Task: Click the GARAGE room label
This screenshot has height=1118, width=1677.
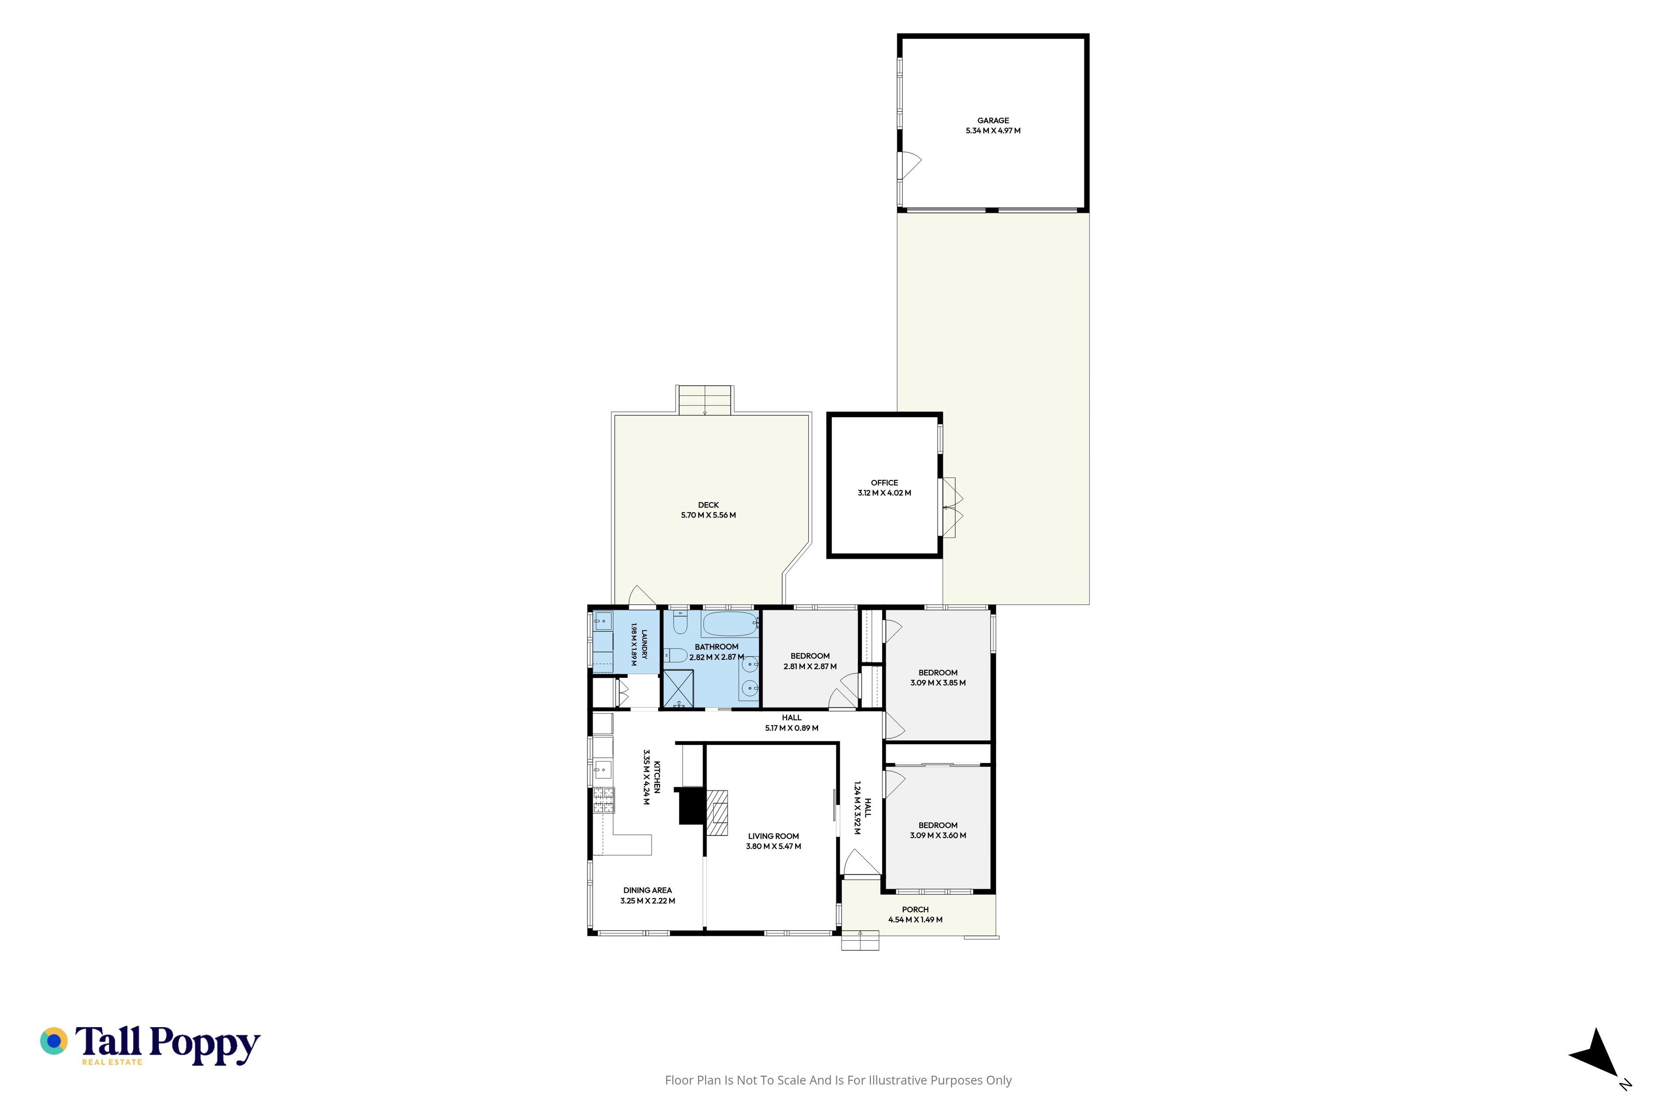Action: tap(993, 121)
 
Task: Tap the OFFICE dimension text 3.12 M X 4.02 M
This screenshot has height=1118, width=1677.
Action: tap(884, 493)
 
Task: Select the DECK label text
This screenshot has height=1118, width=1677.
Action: tap(708, 505)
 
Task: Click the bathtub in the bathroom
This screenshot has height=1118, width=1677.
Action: tap(729, 624)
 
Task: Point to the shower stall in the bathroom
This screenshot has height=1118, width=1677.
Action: tap(678, 689)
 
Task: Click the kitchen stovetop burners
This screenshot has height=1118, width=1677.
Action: tap(603, 800)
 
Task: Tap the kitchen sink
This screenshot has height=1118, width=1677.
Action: tap(603, 770)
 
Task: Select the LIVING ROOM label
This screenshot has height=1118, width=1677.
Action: tap(773, 836)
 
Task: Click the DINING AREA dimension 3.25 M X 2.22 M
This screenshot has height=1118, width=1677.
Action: tap(647, 901)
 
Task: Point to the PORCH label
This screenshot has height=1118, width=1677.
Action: tap(915, 909)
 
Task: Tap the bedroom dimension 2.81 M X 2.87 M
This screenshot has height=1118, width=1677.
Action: tap(810, 666)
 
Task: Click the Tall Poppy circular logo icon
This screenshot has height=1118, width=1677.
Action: tap(53, 1041)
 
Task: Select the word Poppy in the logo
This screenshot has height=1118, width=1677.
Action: tap(205, 1045)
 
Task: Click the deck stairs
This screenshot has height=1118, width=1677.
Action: tap(704, 400)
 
